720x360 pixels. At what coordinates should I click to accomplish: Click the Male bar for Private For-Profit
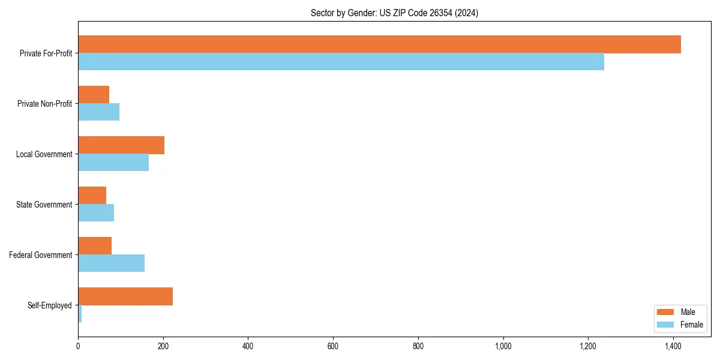coord(379,44)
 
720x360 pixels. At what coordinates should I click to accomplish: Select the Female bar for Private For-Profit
coord(341,62)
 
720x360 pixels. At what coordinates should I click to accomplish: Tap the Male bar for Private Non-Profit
coord(94,95)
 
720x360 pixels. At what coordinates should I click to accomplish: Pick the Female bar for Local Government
coord(113,163)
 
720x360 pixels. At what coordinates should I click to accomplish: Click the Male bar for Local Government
coord(121,145)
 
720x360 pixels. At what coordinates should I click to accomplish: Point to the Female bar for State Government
coord(96,213)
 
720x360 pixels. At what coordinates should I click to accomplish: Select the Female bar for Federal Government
coord(111,263)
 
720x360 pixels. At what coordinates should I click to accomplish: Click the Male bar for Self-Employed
coord(125,296)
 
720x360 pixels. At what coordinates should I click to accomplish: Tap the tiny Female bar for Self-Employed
coord(80,314)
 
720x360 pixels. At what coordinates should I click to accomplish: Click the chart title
coord(394,13)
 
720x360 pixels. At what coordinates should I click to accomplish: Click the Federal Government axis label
coord(41,255)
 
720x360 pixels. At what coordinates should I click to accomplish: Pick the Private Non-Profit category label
coord(44,104)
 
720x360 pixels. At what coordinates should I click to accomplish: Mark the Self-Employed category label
coord(50,305)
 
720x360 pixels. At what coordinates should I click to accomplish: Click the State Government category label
coord(44,205)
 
